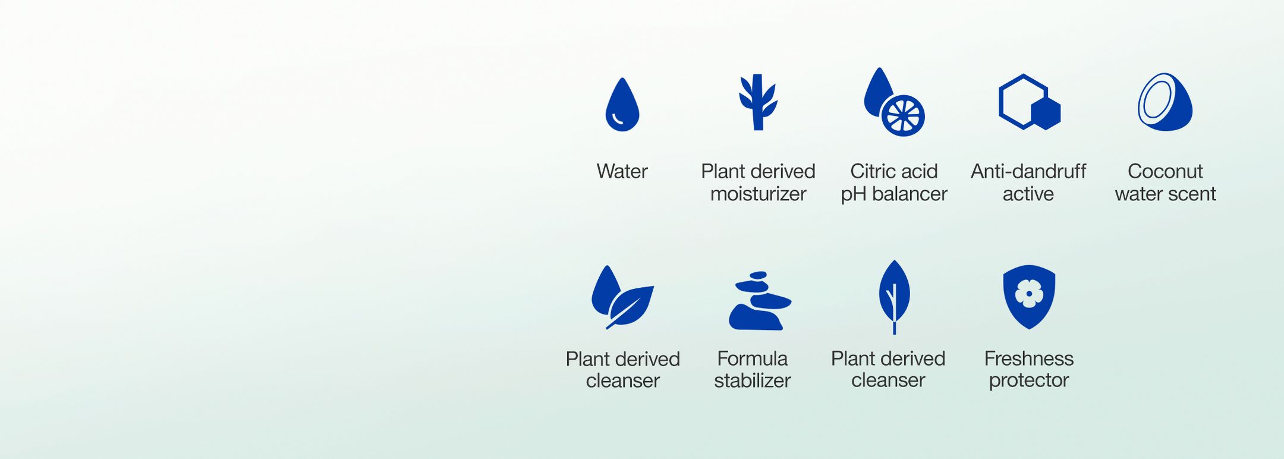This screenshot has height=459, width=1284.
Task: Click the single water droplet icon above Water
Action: click(622, 105)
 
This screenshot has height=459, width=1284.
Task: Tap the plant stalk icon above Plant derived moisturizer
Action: click(757, 102)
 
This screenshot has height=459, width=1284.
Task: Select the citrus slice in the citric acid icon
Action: click(903, 115)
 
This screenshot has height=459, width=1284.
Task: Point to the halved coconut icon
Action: click(1165, 102)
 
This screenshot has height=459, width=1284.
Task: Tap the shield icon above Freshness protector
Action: click(1029, 297)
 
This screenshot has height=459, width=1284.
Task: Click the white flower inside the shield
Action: click(1029, 293)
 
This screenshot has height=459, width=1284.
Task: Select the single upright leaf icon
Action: click(894, 297)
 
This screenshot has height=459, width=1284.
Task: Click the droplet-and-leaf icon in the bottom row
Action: click(622, 297)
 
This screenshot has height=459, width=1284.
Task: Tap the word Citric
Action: click(871, 171)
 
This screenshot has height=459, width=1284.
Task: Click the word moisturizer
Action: click(758, 194)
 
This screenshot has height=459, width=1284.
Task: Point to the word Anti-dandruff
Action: click(1028, 171)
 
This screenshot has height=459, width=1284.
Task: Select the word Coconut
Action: click(1165, 171)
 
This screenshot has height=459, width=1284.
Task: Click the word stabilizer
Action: click(753, 381)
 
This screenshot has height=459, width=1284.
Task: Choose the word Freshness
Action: click(1029, 359)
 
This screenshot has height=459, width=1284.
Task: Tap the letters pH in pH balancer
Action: click(854, 194)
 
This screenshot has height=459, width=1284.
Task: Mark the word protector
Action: click(1029, 381)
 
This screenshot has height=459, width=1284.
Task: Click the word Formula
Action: click(753, 359)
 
